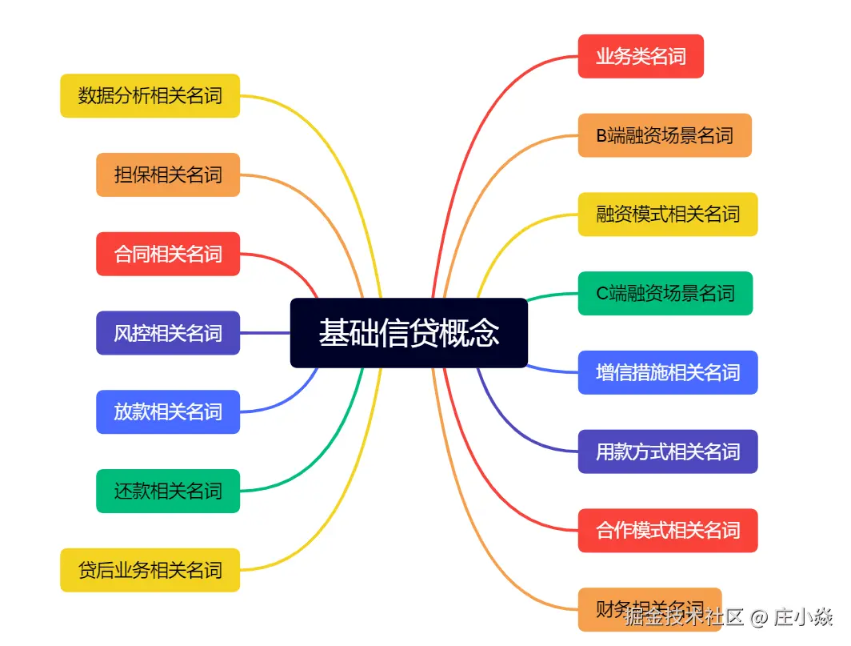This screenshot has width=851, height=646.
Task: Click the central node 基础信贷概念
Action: point(409,333)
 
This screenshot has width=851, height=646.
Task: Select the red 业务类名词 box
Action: point(641,56)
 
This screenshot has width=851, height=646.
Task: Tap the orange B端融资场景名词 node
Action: point(665,135)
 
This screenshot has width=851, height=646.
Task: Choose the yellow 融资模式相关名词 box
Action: point(668,215)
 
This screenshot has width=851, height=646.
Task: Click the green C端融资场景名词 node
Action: point(665,294)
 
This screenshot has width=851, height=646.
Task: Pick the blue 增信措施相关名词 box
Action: point(668,372)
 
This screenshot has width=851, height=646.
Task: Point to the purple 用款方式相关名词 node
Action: point(668,451)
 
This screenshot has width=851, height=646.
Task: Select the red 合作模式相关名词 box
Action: point(668,530)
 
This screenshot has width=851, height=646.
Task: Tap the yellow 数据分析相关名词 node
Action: point(150,96)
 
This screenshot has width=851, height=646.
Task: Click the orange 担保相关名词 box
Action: point(168,175)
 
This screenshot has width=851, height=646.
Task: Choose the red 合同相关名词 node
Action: point(168,254)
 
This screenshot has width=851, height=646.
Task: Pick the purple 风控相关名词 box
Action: point(168,333)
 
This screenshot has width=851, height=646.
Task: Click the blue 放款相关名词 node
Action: point(168,411)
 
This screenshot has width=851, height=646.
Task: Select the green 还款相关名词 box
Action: point(168,491)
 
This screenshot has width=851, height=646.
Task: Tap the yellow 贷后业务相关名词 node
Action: point(150,570)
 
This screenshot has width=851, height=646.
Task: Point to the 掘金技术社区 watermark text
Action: point(685,616)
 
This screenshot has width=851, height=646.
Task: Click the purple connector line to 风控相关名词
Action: point(265,333)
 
